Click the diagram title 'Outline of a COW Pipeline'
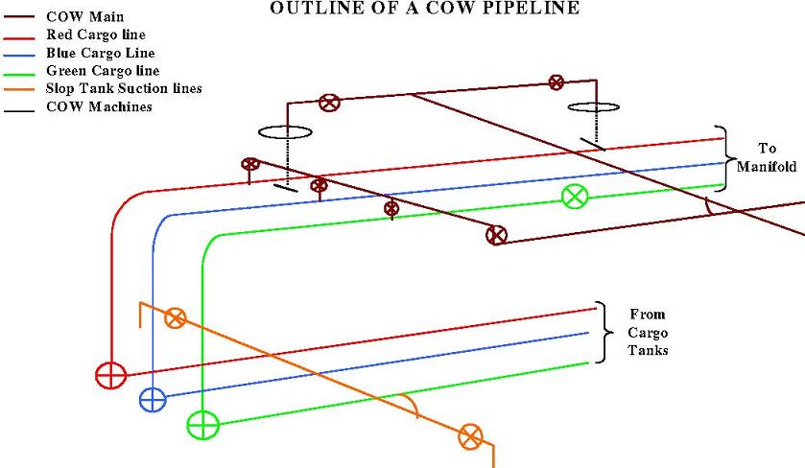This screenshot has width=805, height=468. click(425, 9)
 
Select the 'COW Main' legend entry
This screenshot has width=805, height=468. click(84, 16)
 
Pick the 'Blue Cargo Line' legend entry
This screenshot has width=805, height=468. click(100, 53)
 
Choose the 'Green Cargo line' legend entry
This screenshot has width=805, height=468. click(103, 71)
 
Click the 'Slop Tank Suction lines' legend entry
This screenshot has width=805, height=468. click(124, 89)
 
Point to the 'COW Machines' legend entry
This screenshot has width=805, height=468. click(99, 106)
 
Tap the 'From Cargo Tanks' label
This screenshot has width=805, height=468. click(647, 332)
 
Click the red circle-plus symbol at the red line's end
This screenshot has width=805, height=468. click(111, 375)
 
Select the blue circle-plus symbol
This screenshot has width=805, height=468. click(153, 399)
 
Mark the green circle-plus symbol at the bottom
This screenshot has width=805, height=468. click(202, 423)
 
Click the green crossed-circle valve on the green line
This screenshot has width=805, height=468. click(574, 197)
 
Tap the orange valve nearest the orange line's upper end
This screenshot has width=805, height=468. click(175, 318)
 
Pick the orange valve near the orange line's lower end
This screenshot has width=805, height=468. click(469, 436)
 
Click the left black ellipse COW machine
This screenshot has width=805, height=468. click(284, 131)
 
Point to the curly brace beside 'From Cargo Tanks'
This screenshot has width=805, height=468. click(604, 332)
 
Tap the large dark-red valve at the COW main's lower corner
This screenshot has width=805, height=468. click(496, 234)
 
